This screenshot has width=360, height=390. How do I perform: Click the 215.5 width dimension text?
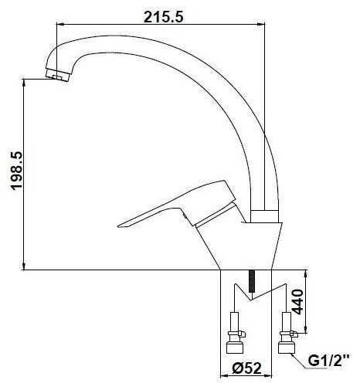(x=163, y=17)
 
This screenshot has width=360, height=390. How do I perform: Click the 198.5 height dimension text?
(x=17, y=171)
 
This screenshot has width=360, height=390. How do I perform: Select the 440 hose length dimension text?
(x=298, y=302)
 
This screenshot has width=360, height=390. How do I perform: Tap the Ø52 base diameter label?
(x=246, y=368)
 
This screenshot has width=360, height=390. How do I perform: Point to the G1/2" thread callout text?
(x=329, y=361)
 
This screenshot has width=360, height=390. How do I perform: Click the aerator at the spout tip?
(x=58, y=74)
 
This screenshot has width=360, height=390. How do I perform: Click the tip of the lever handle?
(x=119, y=226)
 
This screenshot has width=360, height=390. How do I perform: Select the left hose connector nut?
(x=234, y=348)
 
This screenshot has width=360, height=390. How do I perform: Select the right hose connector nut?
(x=286, y=348)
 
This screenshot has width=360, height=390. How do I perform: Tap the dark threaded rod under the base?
(x=252, y=281)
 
